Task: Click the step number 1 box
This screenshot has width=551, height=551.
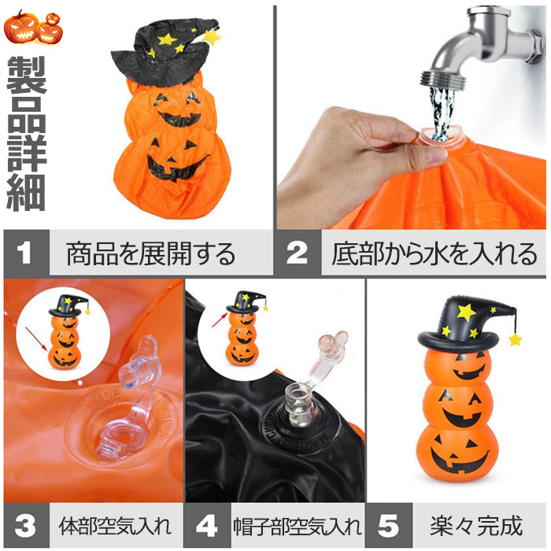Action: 25,253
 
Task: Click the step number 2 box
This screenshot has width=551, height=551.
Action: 297,253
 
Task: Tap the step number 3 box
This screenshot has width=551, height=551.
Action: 25,524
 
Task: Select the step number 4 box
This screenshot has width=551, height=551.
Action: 206,524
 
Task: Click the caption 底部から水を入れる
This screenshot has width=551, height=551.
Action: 434,253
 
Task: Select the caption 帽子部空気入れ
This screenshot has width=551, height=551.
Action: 298,525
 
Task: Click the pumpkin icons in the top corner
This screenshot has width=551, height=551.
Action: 33,27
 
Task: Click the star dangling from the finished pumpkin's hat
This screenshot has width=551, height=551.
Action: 516,340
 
